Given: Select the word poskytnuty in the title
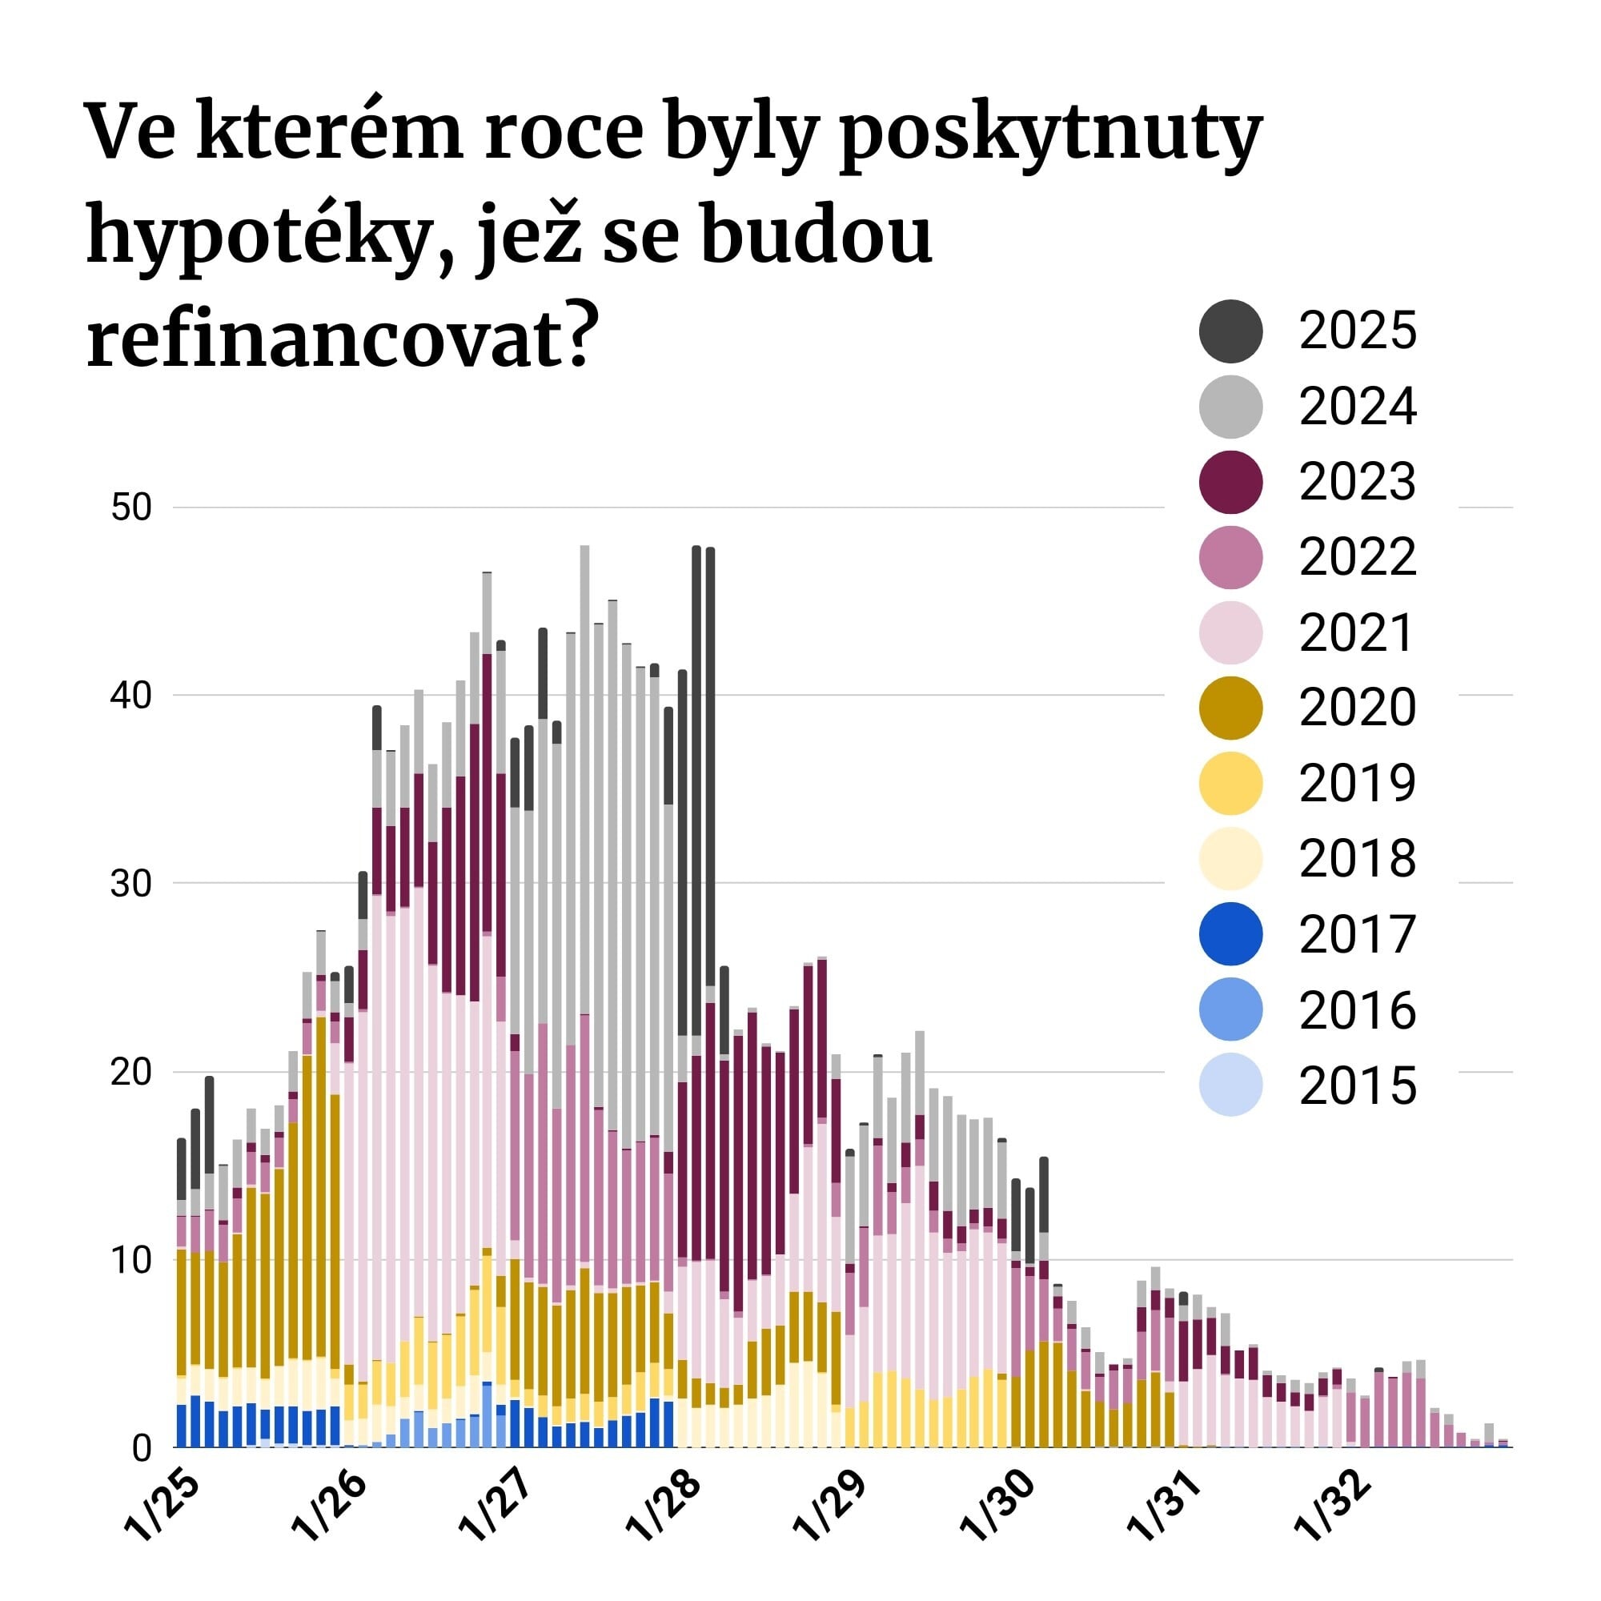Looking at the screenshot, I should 1051,133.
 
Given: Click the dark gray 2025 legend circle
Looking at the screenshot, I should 1230,331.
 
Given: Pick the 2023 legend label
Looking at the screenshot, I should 1358,481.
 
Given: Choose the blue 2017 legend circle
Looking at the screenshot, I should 1230,934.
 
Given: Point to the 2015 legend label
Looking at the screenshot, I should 1358,1085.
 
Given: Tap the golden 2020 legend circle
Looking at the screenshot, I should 1230,708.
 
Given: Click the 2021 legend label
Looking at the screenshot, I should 1356,633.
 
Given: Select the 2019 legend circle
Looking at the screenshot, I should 1230,783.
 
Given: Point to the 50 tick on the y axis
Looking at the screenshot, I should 131,508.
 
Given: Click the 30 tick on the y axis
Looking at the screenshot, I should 131,884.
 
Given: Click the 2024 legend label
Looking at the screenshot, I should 1358,406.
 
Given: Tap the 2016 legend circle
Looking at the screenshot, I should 1230,1009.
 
